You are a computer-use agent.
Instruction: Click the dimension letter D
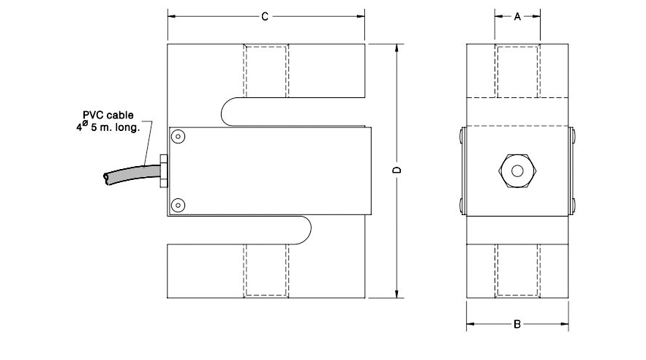(397, 170)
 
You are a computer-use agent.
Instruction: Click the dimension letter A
(517, 17)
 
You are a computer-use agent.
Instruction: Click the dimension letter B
(517, 324)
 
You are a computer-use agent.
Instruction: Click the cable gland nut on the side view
(162, 170)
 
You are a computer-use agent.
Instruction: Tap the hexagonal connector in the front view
(517, 172)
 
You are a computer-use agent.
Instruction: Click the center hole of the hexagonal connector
(517, 172)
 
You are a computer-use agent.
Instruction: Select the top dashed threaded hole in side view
(266, 71)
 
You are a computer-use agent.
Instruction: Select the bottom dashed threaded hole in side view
(266, 270)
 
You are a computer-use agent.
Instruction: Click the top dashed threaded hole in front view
(518, 71)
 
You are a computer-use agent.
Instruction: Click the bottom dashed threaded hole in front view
(518, 270)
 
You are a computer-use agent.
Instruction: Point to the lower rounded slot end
(307, 230)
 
